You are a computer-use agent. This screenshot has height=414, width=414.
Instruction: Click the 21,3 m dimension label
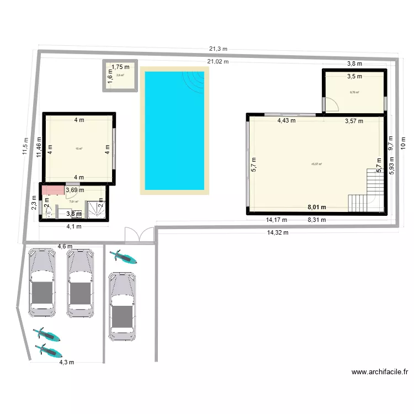tap(218, 49)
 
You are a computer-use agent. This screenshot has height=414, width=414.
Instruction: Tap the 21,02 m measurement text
tap(218, 61)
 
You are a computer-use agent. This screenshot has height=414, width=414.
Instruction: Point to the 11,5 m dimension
tap(25, 146)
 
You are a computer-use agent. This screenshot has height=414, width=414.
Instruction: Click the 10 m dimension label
tap(403, 142)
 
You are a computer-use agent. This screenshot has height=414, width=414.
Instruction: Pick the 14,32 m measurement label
tap(278, 232)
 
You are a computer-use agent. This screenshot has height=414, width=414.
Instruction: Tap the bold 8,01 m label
tap(317, 208)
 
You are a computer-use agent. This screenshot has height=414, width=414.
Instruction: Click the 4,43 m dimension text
tap(286, 120)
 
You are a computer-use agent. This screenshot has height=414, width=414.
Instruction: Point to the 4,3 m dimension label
tap(67, 362)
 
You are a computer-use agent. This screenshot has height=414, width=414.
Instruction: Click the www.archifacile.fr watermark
tap(380, 372)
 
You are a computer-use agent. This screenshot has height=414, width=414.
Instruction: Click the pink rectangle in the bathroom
tap(53, 190)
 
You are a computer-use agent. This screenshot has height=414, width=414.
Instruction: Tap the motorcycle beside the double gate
tap(124, 257)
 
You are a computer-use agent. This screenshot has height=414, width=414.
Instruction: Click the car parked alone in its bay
tap(123, 305)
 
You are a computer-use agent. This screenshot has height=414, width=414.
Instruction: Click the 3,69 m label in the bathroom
tap(75, 190)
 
